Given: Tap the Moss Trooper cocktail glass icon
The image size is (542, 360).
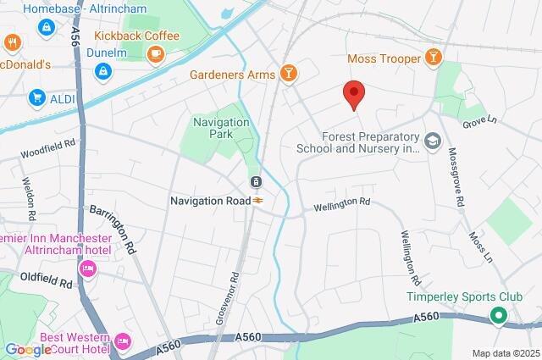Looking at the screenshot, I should (x=434, y=58).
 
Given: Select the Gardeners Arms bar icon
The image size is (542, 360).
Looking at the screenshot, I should (x=289, y=74).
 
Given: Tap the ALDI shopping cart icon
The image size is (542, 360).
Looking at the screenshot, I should (x=36, y=98).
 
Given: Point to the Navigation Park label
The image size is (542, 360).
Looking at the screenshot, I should (x=222, y=128).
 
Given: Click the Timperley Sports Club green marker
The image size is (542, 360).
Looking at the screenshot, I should (x=499, y=318).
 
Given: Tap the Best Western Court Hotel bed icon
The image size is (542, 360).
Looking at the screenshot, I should (x=123, y=341).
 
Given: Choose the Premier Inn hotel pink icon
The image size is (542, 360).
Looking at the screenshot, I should (x=86, y=269).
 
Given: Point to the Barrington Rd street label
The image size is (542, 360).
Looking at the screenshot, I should (x=113, y=230).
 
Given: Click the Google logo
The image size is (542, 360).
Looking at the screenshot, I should (x=27, y=349).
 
